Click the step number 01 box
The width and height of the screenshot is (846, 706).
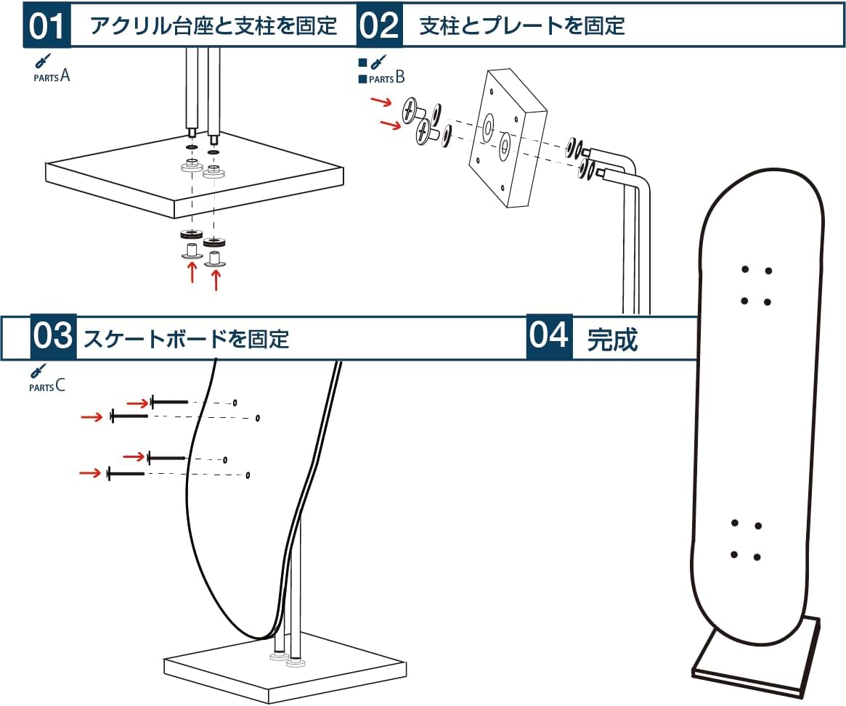[x=47, y=25]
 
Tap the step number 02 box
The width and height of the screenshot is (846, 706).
[x=379, y=25]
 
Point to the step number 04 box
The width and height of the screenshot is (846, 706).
[x=549, y=337]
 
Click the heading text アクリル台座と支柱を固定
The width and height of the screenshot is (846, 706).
[x=213, y=26]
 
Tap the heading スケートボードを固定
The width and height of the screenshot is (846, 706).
[x=187, y=339]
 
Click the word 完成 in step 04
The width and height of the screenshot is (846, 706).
[x=612, y=339]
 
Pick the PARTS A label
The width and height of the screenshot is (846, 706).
[x=52, y=75]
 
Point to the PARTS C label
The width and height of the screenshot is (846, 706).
[x=47, y=386]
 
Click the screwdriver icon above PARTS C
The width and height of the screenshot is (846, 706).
[x=38, y=371]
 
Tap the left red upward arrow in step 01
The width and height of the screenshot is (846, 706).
[x=192, y=272]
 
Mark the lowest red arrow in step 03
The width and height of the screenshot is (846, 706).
[x=91, y=473]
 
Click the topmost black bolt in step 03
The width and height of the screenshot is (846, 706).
[x=169, y=402]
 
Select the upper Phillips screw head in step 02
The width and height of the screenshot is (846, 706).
[x=411, y=110]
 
